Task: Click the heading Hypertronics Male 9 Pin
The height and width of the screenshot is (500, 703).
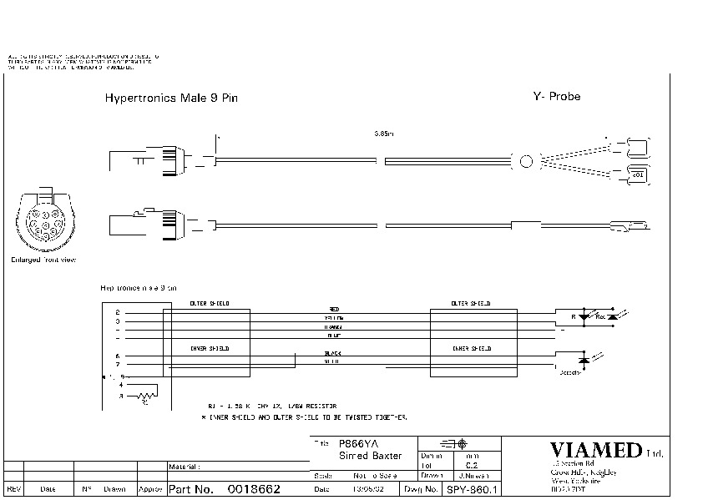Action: (x=171, y=98)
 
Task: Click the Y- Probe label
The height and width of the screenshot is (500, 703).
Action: (x=556, y=96)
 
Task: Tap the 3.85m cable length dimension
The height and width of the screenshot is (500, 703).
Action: (x=383, y=133)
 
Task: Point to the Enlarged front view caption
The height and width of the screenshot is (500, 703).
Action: (x=43, y=260)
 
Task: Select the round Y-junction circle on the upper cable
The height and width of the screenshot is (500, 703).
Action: (x=526, y=162)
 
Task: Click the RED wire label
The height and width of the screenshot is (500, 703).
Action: (x=334, y=310)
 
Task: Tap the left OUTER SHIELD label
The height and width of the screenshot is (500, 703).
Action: (x=210, y=303)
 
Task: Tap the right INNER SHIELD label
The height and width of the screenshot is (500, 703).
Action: (x=472, y=348)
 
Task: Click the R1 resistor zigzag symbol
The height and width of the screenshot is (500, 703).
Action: (x=146, y=393)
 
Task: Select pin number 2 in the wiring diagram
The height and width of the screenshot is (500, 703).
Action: (x=117, y=312)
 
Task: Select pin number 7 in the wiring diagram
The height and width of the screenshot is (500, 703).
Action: (x=117, y=365)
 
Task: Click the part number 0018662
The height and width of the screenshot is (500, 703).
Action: (x=254, y=488)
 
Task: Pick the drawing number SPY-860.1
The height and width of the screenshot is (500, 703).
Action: (x=472, y=489)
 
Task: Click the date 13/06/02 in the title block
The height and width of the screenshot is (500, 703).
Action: (x=367, y=488)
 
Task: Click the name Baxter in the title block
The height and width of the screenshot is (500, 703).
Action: (x=385, y=456)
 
